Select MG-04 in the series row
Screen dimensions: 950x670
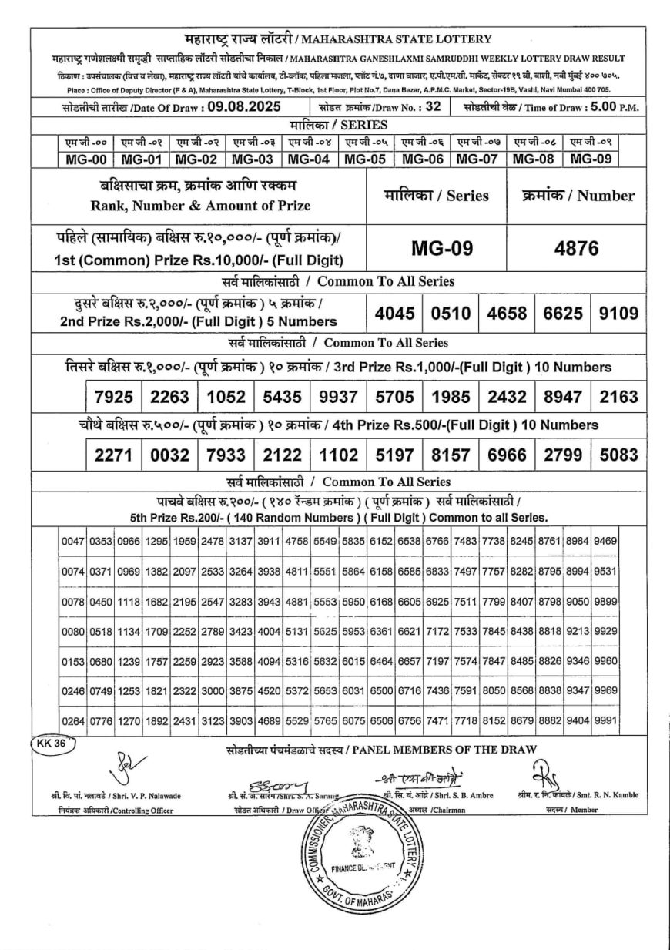tap(308, 159)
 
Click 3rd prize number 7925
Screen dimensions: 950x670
tap(114, 397)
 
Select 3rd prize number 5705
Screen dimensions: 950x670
tap(395, 397)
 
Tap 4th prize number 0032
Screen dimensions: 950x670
tap(170, 455)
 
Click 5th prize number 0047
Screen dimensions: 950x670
tap(73, 542)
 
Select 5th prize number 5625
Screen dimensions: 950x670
tap(325, 631)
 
